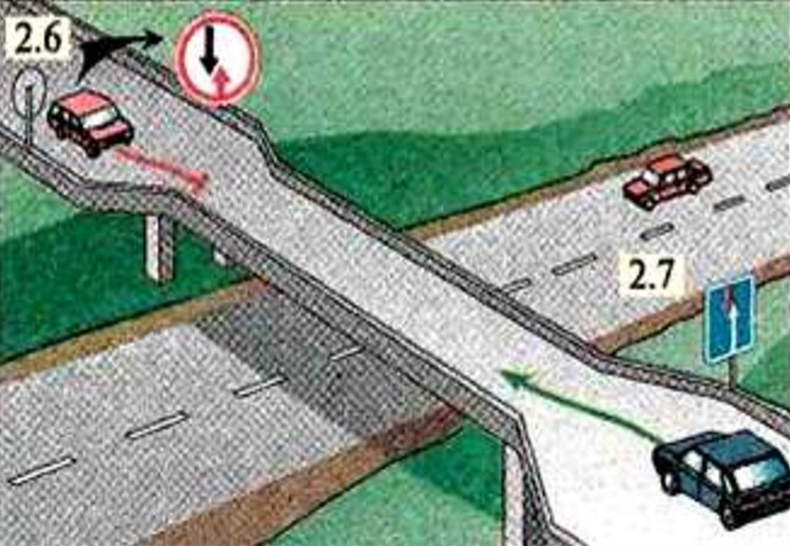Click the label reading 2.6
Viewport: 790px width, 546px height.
pyautogui.click(x=39, y=39)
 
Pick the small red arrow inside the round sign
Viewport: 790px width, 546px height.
pyautogui.click(x=219, y=83)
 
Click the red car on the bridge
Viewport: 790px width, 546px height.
pyautogui.click(x=91, y=122)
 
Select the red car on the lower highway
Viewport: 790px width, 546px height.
pyautogui.click(x=667, y=180)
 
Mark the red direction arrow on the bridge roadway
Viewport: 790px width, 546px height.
pyautogui.click(x=161, y=170)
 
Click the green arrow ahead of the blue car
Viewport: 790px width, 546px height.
pyautogui.click(x=579, y=403)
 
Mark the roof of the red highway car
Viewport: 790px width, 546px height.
pyautogui.click(x=664, y=164)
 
